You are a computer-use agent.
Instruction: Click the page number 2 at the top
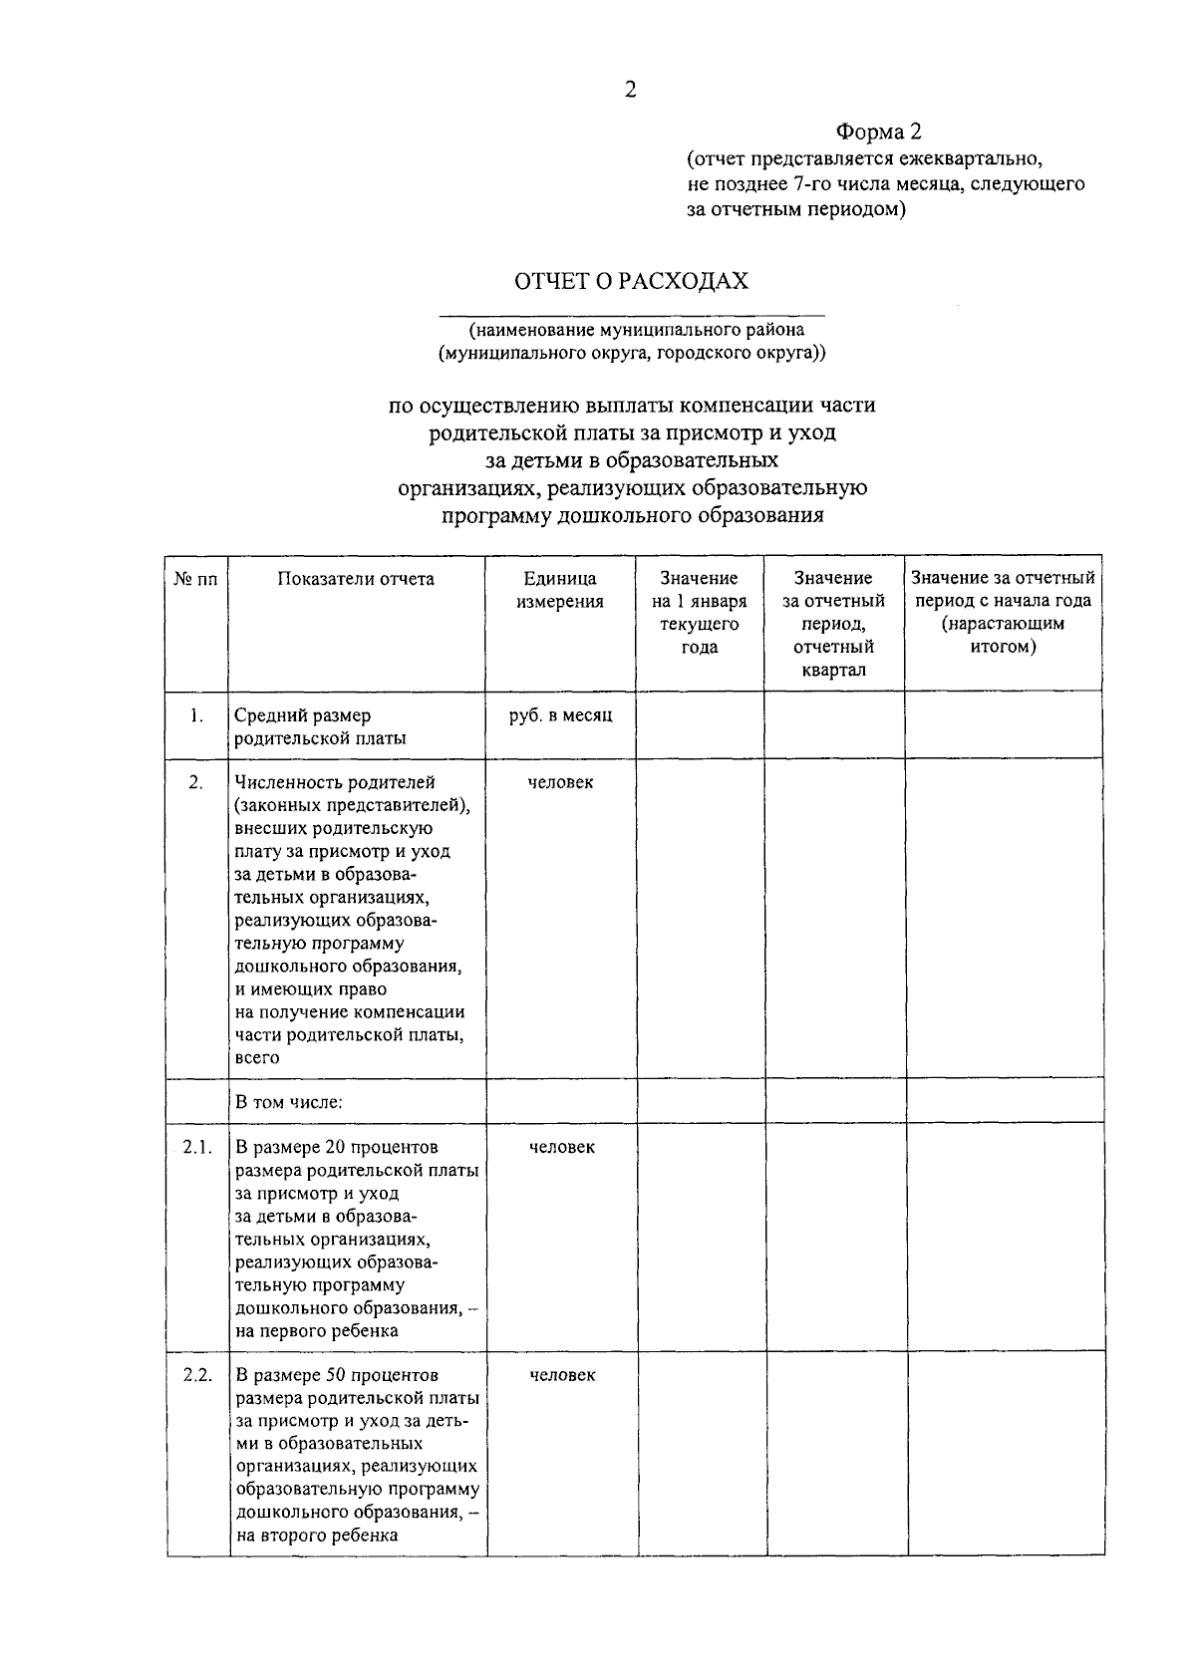tap(630, 90)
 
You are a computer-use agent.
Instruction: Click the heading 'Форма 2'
tap(878, 133)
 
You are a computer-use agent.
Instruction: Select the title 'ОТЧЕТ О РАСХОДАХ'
tap(631, 281)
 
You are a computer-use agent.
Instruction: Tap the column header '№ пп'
tap(195, 579)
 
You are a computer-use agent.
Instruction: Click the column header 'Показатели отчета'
tap(356, 579)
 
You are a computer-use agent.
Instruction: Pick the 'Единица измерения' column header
tap(560, 590)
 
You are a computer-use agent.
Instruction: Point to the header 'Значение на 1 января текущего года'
tap(699, 612)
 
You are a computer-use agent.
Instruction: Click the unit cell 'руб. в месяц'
tap(560, 715)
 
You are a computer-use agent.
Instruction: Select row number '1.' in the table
tap(196, 715)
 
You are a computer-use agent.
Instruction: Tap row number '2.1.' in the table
tap(197, 1147)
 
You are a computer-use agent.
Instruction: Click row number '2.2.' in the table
tap(197, 1375)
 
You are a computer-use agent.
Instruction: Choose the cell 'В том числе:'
tap(289, 1102)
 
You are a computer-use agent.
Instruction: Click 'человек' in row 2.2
tap(562, 1375)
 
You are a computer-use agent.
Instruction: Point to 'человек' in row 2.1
tap(562, 1147)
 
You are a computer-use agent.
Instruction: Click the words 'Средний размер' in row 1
tap(302, 715)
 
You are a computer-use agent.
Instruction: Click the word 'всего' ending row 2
tap(257, 1057)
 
